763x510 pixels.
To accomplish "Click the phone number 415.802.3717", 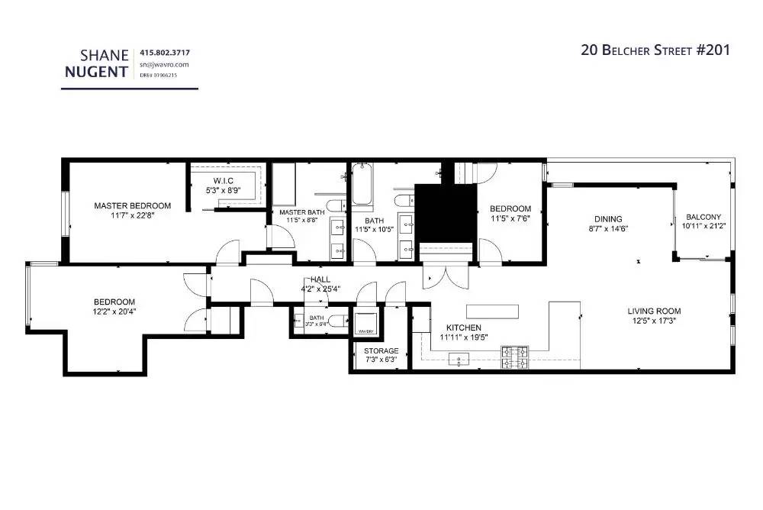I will [x=165, y=53].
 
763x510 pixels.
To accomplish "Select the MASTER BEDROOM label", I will [x=132, y=205].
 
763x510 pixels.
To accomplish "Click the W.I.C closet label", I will [x=224, y=180].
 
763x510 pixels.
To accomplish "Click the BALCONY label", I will [x=703, y=217].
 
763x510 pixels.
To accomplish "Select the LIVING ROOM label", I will [x=654, y=311].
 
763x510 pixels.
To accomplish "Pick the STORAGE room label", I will [x=380, y=350].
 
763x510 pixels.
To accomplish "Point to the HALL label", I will [x=320, y=280].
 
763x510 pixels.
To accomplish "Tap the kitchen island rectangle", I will [x=493, y=311].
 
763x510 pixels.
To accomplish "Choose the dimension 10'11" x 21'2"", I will [x=703, y=226].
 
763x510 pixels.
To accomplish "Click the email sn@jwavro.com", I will [x=163, y=65].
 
